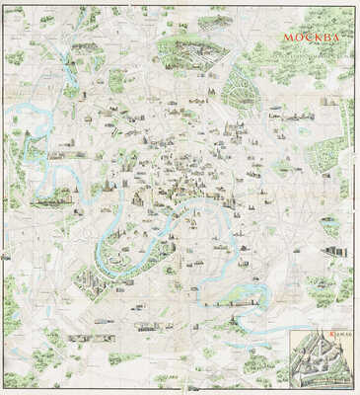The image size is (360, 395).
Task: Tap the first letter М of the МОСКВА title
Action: point(288,39)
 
